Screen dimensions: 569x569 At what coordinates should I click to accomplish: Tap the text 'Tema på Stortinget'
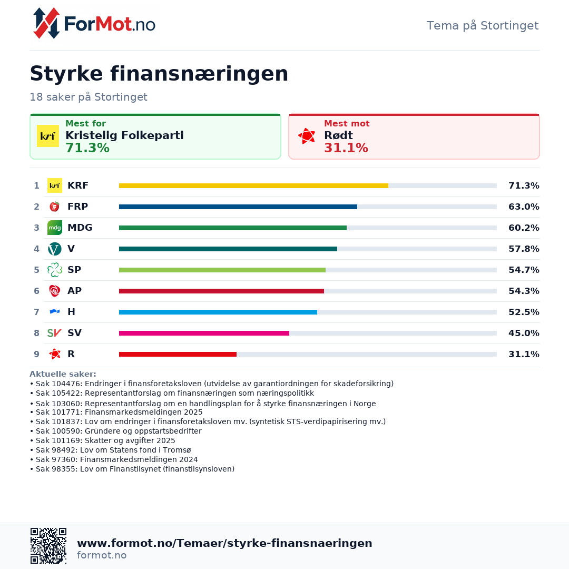482,25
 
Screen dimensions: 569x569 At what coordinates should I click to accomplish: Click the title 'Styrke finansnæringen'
159,74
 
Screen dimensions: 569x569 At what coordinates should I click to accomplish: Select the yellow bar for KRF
253,185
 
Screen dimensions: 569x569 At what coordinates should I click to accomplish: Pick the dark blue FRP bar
238,207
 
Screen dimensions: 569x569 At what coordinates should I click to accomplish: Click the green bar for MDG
232,228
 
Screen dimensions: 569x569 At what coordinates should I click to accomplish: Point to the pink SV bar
204,333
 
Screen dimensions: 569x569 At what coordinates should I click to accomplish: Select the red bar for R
178,354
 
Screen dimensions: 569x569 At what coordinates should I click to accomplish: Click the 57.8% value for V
523,249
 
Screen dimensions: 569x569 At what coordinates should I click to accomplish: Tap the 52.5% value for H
523,312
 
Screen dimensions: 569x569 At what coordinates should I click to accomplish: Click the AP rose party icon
54,291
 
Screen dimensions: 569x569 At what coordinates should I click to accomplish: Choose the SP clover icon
54,270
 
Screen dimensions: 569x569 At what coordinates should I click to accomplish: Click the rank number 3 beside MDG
36,228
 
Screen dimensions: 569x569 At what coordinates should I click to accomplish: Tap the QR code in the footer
48,545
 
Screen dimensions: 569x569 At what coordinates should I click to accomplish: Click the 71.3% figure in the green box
87,148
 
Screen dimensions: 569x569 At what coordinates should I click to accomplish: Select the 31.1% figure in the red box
346,148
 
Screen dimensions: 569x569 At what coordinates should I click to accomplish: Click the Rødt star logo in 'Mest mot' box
307,136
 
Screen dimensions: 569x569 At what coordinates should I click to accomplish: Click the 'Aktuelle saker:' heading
63,374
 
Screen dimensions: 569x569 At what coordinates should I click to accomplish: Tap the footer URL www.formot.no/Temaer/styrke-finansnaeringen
224,543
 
